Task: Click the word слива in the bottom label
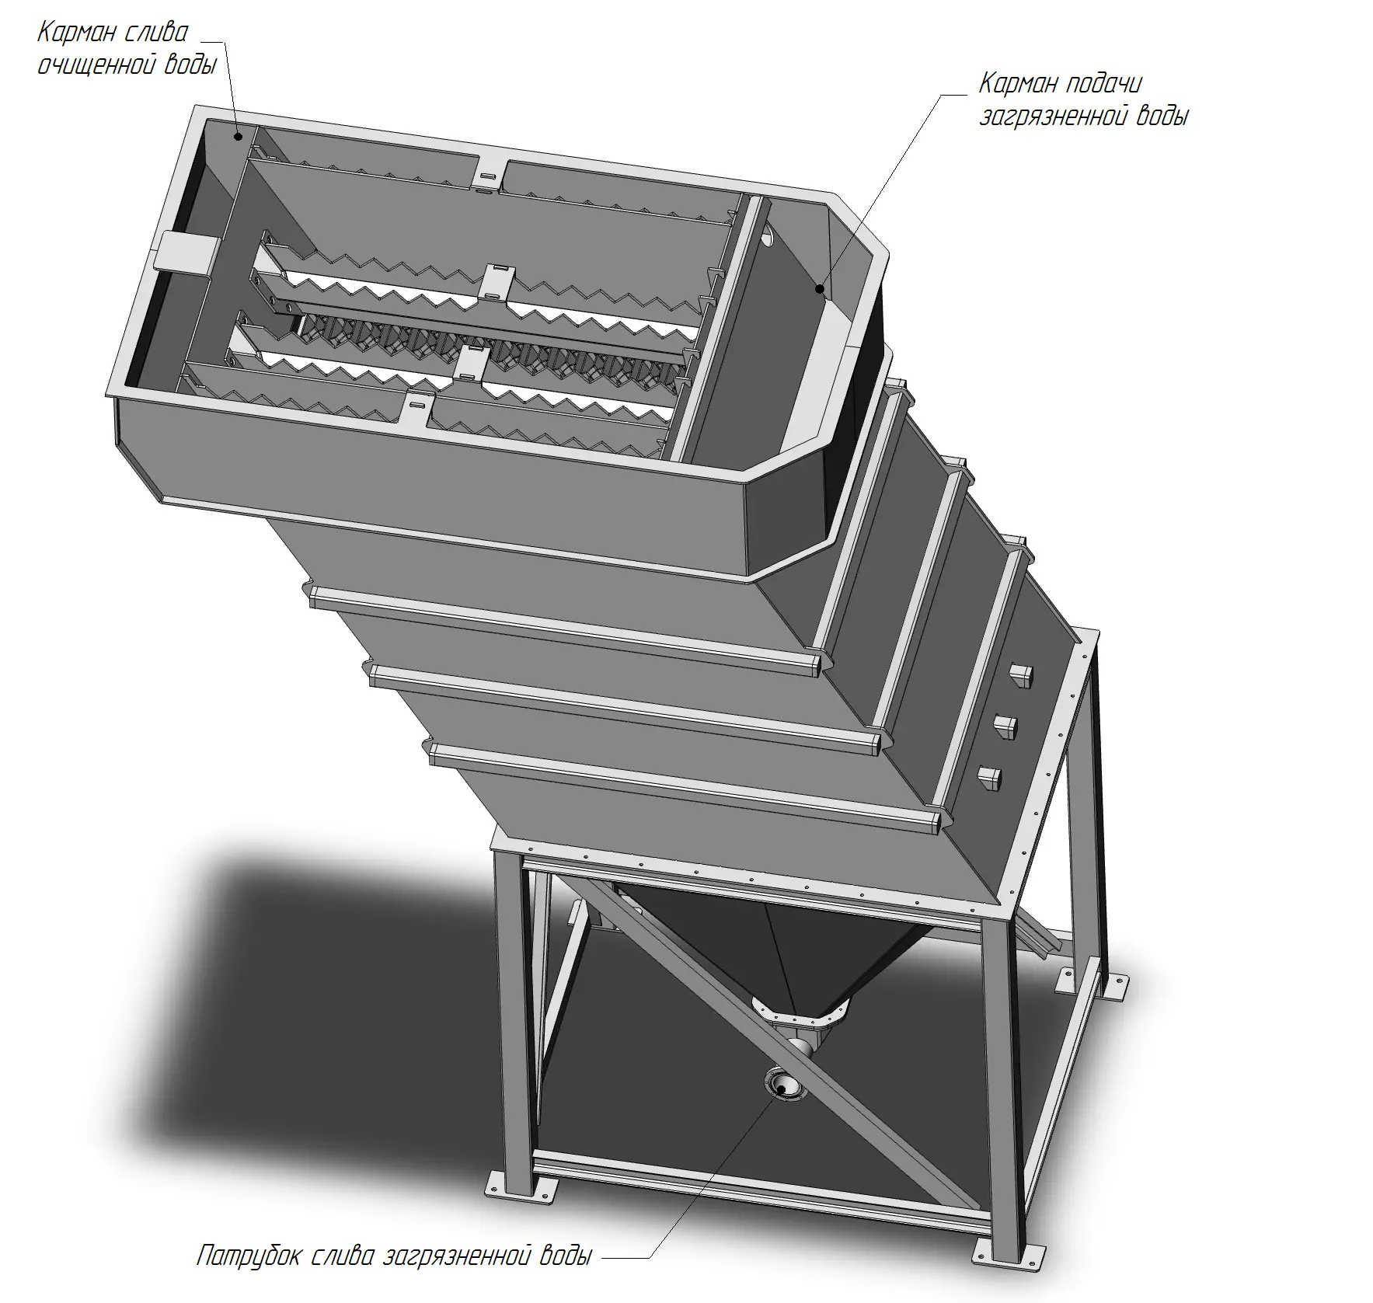tap(342, 1256)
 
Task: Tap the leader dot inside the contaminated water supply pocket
tap(819, 288)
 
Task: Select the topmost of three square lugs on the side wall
tap(1020, 676)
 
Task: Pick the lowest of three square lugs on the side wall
tap(989, 778)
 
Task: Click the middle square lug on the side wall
tap(1005, 727)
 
